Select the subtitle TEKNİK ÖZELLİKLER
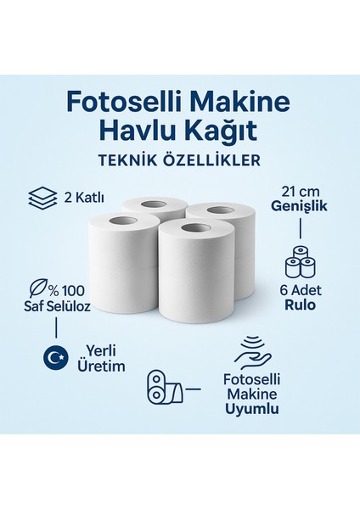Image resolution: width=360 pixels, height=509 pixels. click(179, 159)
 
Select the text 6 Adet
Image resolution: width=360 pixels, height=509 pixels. click(299, 288)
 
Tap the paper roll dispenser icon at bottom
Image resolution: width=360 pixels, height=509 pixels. click(163, 389)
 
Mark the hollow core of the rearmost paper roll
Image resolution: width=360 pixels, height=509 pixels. click(155, 204)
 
